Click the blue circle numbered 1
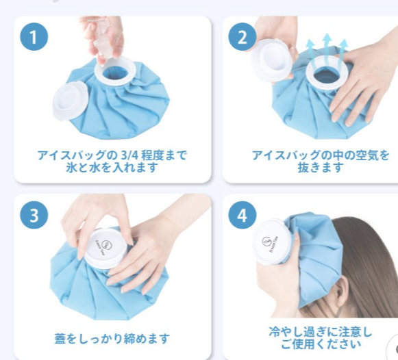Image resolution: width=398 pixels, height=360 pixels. (34, 36)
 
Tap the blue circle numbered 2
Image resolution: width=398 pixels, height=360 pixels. (242, 36)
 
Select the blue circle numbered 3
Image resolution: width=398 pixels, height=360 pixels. (34, 215)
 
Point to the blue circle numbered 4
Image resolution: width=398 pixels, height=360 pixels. (242, 215)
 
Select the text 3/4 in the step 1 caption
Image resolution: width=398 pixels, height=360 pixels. (129, 155)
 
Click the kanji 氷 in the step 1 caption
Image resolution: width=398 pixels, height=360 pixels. (71, 168)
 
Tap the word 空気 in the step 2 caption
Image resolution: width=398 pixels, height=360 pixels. (366, 155)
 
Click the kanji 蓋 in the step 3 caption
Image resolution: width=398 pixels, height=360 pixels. (61, 339)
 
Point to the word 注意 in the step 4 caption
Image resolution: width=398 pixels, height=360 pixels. (349, 332)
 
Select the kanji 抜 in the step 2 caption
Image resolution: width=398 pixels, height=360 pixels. (303, 168)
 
